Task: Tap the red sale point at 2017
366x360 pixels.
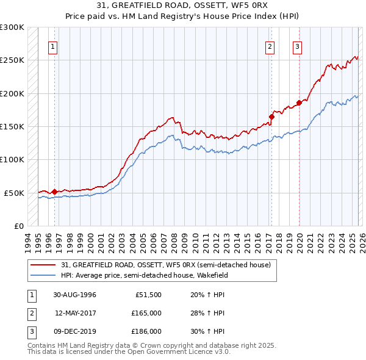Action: click(271, 117)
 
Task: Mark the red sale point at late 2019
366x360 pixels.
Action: click(299, 103)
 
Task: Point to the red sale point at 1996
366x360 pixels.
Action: click(54, 192)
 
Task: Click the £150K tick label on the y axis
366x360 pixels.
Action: click(13, 126)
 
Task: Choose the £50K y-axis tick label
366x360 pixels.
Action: click(15, 193)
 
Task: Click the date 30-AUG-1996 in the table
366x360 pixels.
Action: click(75, 295)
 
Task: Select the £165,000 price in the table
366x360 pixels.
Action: click(146, 313)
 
